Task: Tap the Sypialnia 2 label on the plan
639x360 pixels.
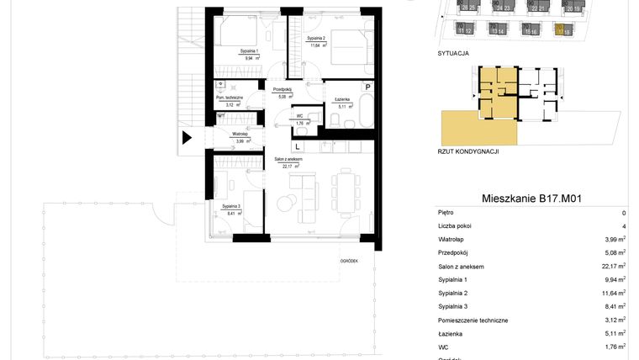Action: coord(315,39)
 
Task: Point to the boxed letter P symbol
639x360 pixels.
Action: coord(367,87)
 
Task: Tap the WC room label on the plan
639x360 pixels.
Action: coord(298,116)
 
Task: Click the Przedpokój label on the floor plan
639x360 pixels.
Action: coord(282,89)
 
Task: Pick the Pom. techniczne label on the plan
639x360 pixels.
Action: coord(228,98)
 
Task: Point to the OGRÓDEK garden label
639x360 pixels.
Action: coord(349,261)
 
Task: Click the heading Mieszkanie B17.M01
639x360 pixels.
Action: coord(532,199)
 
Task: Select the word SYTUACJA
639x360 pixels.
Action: coord(453,52)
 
